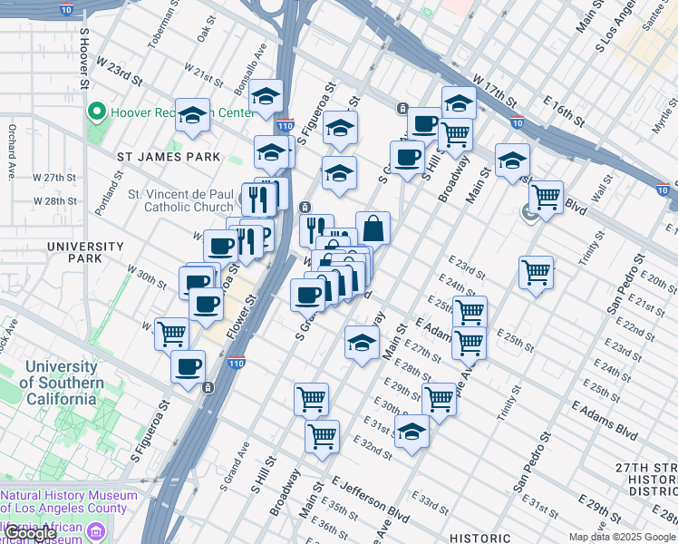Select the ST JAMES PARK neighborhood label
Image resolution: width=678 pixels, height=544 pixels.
[x=169, y=157]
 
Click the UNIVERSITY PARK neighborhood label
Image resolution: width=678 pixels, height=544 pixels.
[x=85, y=253]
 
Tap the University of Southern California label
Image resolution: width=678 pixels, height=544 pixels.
[x=63, y=382]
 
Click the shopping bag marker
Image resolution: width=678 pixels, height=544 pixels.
[x=373, y=228]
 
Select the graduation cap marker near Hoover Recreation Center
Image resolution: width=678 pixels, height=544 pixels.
[x=192, y=115]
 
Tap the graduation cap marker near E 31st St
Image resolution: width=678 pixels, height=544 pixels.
[x=412, y=432]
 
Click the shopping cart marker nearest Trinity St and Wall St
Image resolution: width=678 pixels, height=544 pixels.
[x=546, y=197]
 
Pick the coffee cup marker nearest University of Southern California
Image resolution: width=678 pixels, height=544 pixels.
[x=188, y=367]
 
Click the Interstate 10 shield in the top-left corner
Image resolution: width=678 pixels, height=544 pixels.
[x=66, y=9]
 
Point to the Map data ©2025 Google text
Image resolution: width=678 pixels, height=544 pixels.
[x=622, y=537]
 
